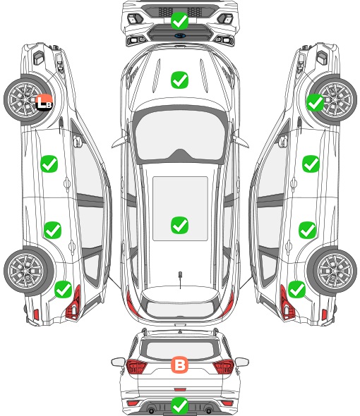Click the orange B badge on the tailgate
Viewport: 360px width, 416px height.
(179, 365)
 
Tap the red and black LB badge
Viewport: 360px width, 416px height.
(44, 102)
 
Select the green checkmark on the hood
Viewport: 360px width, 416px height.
(179, 80)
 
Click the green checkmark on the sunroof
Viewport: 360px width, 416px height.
(179, 225)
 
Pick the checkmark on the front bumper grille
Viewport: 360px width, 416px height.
(179, 20)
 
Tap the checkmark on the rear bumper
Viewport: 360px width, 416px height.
(179, 405)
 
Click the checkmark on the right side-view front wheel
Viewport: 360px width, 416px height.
(315, 102)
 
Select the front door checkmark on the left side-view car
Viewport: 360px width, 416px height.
(49, 164)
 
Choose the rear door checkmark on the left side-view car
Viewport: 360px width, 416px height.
(53, 230)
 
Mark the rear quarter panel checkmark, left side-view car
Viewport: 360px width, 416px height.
(64, 289)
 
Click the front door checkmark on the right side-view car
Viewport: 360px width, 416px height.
(311, 164)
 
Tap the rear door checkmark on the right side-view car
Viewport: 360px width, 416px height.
(307, 230)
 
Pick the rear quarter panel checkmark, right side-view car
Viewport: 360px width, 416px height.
(296, 289)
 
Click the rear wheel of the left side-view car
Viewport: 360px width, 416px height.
(26, 271)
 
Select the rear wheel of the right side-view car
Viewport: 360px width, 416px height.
(334, 271)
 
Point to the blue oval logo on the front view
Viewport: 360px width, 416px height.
(180, 35)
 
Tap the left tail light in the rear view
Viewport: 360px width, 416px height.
(136, 367)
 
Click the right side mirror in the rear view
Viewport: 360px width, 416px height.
(242, 362)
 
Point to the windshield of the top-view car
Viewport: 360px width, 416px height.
(180, 135)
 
